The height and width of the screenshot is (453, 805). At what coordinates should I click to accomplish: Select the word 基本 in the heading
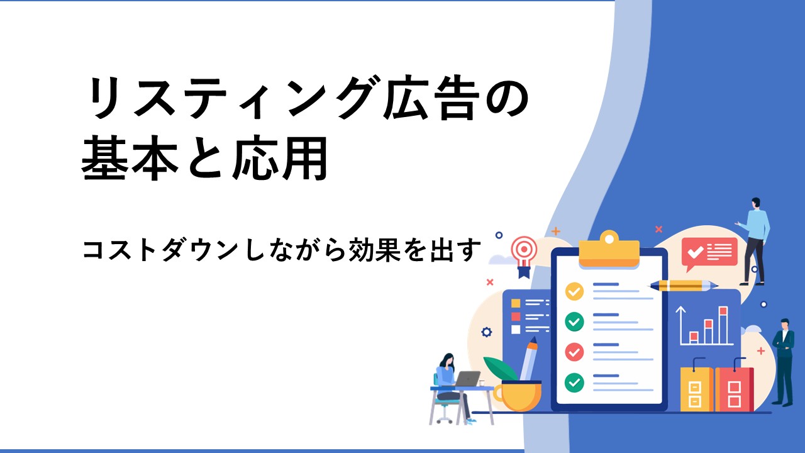tap(131, 157)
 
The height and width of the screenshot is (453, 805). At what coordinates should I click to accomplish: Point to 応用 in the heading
tap(280, 157)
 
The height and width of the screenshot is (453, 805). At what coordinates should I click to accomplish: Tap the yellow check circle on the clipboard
tap(574, 291)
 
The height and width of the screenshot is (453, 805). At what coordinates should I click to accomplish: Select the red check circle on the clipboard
tap(574, 352)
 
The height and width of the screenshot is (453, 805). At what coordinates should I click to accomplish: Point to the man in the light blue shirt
tap(754, 241)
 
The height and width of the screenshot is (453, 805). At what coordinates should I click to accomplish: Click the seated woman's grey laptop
tap(467, 379)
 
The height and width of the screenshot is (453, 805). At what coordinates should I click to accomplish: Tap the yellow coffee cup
tap(518, 396)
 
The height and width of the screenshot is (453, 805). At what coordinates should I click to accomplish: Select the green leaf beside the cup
tap(500, 369)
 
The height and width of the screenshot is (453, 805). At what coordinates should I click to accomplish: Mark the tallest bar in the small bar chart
tap(723, 325)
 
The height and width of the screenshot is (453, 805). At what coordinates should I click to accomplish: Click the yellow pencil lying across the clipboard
tap(683, 286)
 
